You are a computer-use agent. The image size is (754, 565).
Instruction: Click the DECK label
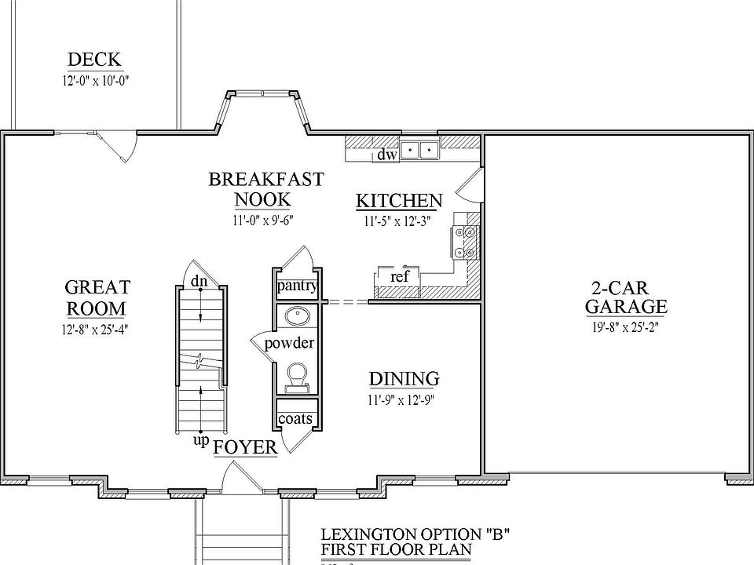click(94, 60)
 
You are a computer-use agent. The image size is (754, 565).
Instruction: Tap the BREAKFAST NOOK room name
click(265, 189)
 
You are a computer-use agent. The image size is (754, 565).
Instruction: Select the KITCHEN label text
click(399, 201)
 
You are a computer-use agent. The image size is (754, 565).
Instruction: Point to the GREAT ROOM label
click(97, 297)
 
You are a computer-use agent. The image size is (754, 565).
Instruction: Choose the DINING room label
click(404, 380)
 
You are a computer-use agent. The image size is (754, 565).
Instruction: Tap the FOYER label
click(245, 447)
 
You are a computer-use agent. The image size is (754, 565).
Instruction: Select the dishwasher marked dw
click(387, 155)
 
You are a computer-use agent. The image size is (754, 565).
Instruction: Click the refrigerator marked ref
click(399, 276)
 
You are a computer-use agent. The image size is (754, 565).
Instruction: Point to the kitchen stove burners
click(462, 242)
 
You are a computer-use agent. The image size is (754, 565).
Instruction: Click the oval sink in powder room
click(297, 316)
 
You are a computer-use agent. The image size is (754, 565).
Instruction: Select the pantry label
click(296, 285)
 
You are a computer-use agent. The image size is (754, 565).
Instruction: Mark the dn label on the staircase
click(199, 280)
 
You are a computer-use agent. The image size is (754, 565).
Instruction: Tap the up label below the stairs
click(201, 440)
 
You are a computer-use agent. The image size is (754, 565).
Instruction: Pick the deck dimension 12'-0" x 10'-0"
click(95, 81)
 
